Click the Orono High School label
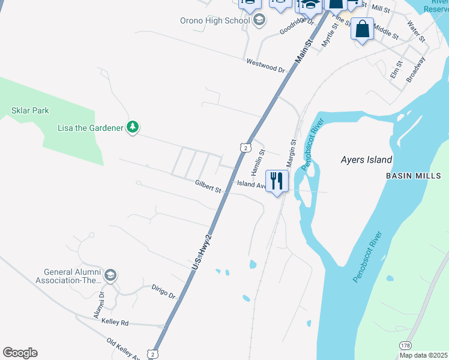pyautogui.click(x=214, y=20)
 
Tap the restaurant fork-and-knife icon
pyautogui.click(x=277, y=180)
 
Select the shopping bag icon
pyautogui.click(x=362, y=29)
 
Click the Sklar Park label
pyautogui.click(x=30, y=110)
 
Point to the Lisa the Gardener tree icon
pyautogui.click(x=133, y=127)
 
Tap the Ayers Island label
pyautogui.click(x=366, y=160)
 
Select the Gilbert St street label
pyautogui.click(x=208, y=187)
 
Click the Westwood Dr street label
pyautogui.click(x=265, y=65)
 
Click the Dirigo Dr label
pyautogui.click(x=163, y=292)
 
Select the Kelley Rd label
pyautogui.click(x=115, y=323)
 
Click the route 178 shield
pyautogui.click(x=405, y=345)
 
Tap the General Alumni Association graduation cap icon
pyautogui.click(x=110, y=275)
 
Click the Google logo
pyautogui.click(x=20, y=353)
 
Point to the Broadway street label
pyautogui.click(x=415, y=69)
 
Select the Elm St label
pyautogui.click(x=396, y=68)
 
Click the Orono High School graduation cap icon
pyautogui.click(x=259, y=21)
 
